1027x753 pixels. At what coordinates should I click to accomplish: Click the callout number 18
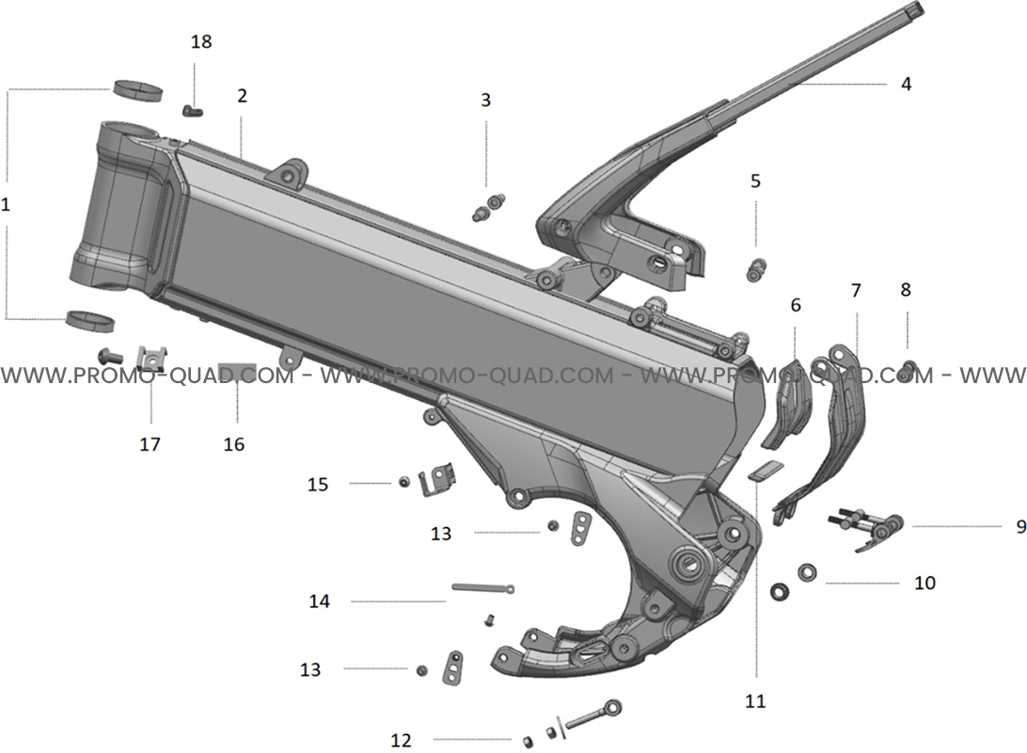(x=201, y=41)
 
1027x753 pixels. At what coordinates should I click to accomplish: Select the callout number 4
(x=906, y=84)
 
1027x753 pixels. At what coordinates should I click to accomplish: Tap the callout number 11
(x=755, y=701)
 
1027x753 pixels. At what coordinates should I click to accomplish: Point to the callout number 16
(x=234, y=444)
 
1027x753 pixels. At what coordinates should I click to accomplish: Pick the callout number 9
(x=1020, y=525)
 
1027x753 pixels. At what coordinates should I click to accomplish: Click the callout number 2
(x=243, y=96)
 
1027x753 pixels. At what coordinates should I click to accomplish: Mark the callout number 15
(x=318, y=485)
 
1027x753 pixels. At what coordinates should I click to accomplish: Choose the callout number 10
(x=924, y=583)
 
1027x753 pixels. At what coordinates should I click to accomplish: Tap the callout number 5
(x=755, y=181)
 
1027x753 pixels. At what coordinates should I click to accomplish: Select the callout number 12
(x=401, y=741)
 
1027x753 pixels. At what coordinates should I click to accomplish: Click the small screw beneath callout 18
(x=192, y=111)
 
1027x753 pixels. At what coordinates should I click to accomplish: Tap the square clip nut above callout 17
(x=150, y=358)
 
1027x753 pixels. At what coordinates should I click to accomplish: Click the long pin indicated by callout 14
(x=482, y=588)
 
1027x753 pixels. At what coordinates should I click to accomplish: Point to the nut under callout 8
(x=907, y=370)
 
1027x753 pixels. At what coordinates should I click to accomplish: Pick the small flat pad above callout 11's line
(x=765, y=472)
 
